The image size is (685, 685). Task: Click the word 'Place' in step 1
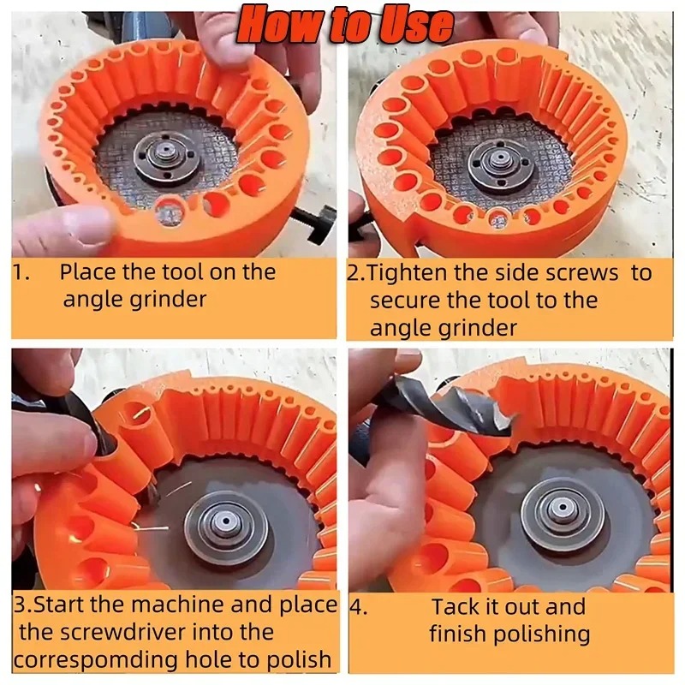[x=92, y=273]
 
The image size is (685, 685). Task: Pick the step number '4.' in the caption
[x=358, y=607]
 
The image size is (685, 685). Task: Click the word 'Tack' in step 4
[x=458, y=607]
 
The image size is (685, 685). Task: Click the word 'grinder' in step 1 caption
[x=168, y=301]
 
